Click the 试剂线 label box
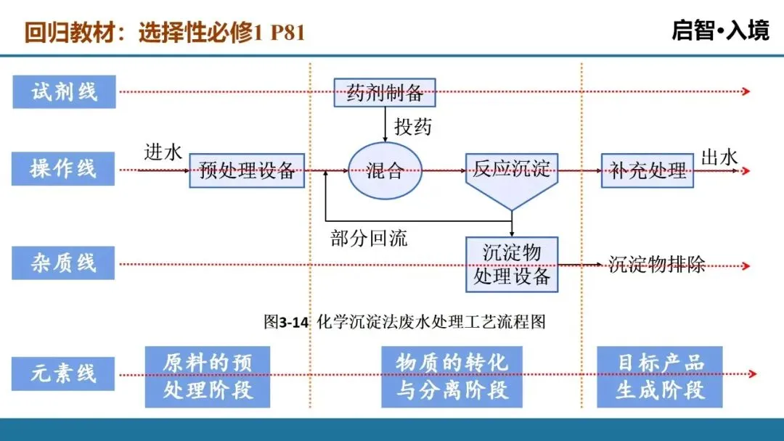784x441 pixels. tap(64, 92)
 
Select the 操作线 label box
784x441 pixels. tap(63, 169)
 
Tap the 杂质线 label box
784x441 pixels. tap(63, 263)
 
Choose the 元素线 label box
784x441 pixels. tap(63, 374)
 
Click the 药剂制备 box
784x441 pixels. tap(385, 92)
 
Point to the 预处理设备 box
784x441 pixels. tap(247, 170)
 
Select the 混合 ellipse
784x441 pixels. tap(385, 170)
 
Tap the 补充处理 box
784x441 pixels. tap(647, 170)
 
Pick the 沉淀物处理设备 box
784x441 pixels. tap(512, 264)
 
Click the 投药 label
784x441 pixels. tap(412, 127)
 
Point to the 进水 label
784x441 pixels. tap(163, 152)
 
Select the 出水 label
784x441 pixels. tap(719, 157)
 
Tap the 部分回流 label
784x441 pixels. tap(369, 238)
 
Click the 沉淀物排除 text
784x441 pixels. tap(656, 264)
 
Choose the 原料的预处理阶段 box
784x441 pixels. tap(208, 377)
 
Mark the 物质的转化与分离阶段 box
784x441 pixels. tap(452, 377)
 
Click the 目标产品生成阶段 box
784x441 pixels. tap(660, 377)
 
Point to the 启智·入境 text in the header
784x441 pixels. tap(721, 30)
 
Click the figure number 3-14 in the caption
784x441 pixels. tap(293, 322)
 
